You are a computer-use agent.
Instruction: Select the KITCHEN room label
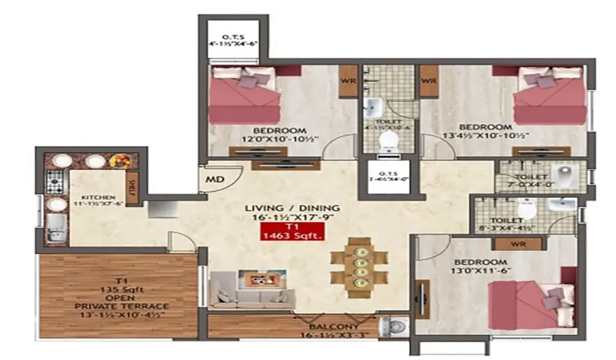[x=100, y=196]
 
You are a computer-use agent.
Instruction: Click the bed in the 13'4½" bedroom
[x=550, y=97]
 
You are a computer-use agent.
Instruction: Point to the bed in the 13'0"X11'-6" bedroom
[x=524, y=299]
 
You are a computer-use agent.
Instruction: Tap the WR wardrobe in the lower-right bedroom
[x=514, y=244]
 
